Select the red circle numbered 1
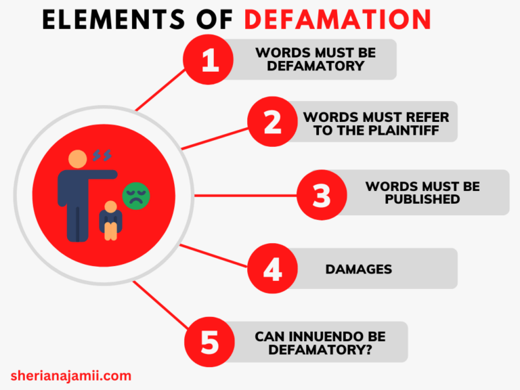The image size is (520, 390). click(210, 60)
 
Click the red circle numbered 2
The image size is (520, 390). click(272, 122)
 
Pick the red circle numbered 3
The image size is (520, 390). click(322, 195)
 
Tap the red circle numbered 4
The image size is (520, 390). click(272, 269)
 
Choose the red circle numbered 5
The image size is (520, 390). click(210, 342)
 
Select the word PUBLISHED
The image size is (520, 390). click(422, 200)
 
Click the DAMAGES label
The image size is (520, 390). click(358, 269)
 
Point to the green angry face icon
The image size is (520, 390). click(135, 196)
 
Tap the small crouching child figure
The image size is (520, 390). click(110, 219)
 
